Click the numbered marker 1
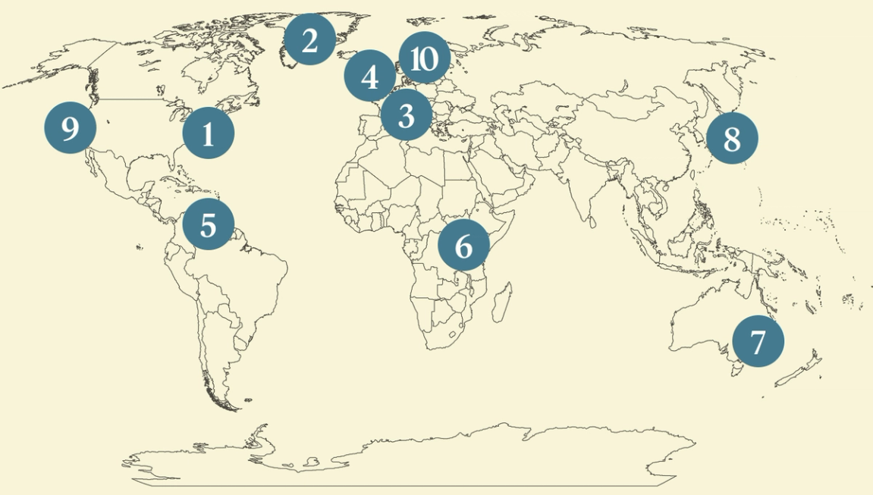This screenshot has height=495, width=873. click(x=209, y=133)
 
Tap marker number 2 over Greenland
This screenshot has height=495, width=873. click(x=309, y=40)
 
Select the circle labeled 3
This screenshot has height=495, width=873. click(x=406, y=116)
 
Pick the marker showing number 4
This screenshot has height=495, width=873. click(x=370, y=76)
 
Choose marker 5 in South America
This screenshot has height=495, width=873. click(x=209, y=224)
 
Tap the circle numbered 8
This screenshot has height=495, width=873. click(x=731, y=139)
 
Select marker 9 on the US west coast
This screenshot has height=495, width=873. click(x=70, y=129)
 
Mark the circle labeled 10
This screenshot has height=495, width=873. click(x=424, y=58)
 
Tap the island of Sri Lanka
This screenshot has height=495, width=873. click(x=590, y=221)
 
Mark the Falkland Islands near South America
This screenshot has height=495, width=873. click(x=244, y=399)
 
